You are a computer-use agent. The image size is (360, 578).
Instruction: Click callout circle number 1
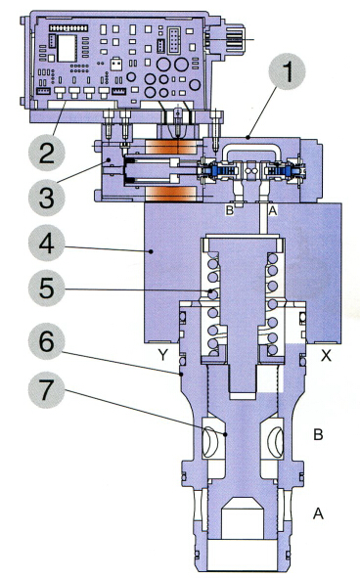coord(287,71)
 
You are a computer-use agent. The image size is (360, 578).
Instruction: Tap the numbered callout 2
coord(47,153)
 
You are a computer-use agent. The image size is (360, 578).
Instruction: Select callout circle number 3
coord(47,198)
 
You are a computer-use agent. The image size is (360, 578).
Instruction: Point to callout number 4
coord(47,243)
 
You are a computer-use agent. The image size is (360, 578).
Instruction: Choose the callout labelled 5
coord(47,288)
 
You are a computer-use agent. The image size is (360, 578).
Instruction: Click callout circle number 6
coord(47,341)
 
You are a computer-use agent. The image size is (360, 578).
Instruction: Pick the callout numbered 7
coord(47,389)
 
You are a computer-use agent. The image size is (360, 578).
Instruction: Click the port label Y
coord(163,355)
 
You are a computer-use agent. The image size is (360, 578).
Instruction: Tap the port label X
coord(326,355)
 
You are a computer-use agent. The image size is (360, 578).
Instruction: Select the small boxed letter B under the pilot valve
coord(230,210)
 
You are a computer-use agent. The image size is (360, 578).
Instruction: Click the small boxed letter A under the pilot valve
coord(273,210)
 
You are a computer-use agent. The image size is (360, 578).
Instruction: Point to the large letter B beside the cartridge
coord(318,434)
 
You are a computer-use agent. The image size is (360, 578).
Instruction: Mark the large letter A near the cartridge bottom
coord(318,513)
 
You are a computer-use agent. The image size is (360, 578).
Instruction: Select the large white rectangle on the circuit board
coord(67,48)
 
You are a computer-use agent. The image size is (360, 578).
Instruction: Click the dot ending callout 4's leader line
coord(151,251)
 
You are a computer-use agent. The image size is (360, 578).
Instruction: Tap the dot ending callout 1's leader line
coord(248,138)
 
